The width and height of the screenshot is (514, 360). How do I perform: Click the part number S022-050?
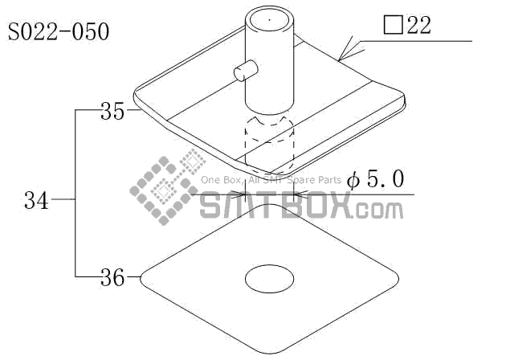click(x=59, y=32)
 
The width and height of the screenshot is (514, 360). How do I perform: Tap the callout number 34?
click(x=36, y=200)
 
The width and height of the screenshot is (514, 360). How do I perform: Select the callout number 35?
click(x=112, y=111)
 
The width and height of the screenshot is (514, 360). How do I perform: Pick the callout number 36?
click(x=112, y=278)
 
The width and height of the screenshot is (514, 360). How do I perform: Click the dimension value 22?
click(x=418, y=25)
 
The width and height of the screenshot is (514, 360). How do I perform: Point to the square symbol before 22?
click(x=393, y=25)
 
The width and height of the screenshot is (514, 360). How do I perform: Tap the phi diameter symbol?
click(x=353, y=180)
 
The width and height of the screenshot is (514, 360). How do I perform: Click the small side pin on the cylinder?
click(x=246, y=70)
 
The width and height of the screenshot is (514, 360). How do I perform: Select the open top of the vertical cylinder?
click(x=270, y=19)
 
